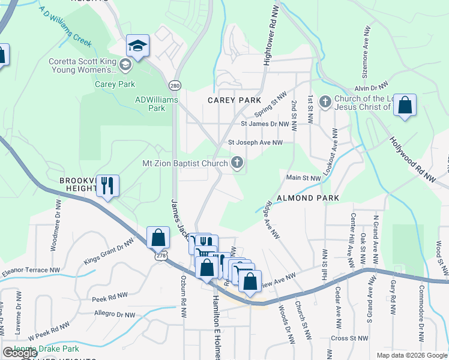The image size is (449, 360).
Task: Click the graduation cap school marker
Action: pos(137,47)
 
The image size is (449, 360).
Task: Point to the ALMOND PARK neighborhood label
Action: pos(307,197)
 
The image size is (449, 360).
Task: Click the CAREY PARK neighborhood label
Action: pos(234,100)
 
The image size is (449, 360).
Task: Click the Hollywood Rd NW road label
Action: pos(412,158)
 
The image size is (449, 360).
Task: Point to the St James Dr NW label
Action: pos(265,124)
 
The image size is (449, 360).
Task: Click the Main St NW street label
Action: pos(304,178)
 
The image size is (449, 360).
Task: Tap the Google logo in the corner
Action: pos(20,353)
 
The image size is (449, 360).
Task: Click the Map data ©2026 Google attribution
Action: pos(412,355)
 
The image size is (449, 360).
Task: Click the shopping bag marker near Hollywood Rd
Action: pos(406,107)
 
